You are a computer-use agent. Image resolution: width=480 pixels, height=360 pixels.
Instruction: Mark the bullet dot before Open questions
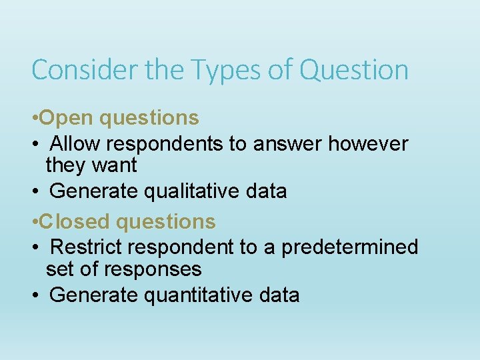coord(35,119)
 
